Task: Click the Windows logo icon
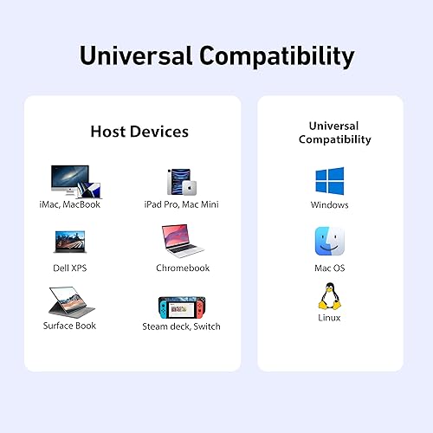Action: [329, 181]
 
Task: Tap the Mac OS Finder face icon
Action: [329, 242]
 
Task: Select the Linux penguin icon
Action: [329, 295]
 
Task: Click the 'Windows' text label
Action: [329, 205]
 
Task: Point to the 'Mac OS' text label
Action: [329, 268]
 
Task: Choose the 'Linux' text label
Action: [329, 318]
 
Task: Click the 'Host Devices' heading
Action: [139, 132]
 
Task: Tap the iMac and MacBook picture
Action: [74, 181]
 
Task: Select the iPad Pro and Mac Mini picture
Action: [181, 182]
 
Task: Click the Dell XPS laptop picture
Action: [69, 241]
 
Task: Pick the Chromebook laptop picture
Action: [182, 242]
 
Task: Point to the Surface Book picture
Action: [69, 301]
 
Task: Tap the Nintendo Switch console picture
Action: [181, 305]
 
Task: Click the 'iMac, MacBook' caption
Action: [69, 204]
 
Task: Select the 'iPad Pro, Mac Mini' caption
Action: [181, 204]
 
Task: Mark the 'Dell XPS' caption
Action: [69, 268]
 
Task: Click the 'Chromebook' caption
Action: [182, 268]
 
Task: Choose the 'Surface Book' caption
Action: [69, 326]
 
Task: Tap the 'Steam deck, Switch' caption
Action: [181, 326]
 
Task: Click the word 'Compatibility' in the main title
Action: [277, 56]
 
